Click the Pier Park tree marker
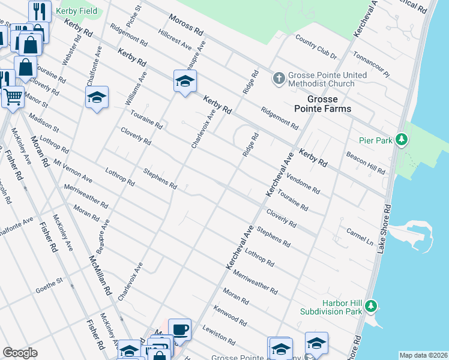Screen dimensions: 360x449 [402, 140]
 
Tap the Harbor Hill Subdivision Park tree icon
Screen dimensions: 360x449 [371, 306]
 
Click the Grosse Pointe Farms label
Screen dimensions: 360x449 [329, 104]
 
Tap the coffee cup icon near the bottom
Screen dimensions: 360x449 [179, 329]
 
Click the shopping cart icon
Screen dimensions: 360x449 [12, 96]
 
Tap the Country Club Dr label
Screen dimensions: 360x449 [316, 47]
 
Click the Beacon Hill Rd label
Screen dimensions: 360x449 [366, 163]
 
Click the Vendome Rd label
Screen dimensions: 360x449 [303, 182]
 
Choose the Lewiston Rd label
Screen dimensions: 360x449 [218, 335]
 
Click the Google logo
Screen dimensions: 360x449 [20, 353]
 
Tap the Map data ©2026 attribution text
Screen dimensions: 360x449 [423, 355]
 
